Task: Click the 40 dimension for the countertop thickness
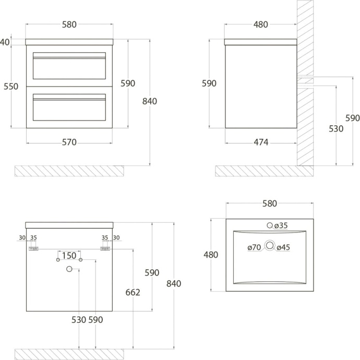pos(5,42)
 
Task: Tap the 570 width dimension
pos(69,142)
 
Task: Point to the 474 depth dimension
pos(261,142)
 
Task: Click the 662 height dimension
pos(133,293)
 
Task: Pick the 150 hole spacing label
pos(69,256)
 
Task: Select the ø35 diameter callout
pos(281,225)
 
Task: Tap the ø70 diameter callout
pos(254,247)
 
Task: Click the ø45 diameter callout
pos(283,247)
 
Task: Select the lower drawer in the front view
pos(69,106)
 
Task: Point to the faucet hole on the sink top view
pos(270,225)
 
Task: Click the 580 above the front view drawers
pos(69,25)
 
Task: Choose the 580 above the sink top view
pos(270,204)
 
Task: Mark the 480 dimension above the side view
pos(261,25)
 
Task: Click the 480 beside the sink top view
pos(211,255)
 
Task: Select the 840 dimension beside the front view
pos(149,101)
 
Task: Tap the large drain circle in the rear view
pos(69,269)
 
